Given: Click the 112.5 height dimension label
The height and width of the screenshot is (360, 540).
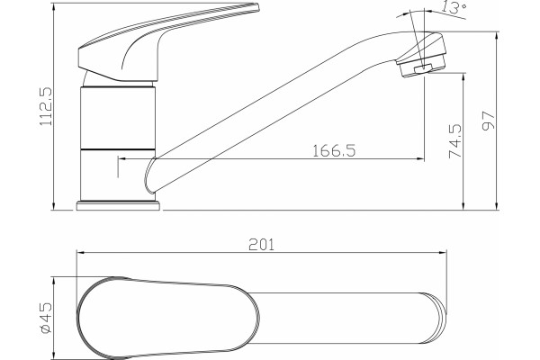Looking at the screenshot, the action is click(x=46, y=106).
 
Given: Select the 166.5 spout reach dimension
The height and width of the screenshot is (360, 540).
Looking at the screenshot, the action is click(x=334, y=150).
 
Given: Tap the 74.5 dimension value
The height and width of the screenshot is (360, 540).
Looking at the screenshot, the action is click(x=454, y=141).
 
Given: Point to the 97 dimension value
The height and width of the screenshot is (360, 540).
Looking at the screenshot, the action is click(x=489, y=121).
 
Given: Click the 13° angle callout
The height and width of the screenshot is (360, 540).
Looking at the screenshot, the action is click(x=454, y=7).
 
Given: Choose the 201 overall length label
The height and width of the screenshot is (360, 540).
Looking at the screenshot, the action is click(x=261, y=245).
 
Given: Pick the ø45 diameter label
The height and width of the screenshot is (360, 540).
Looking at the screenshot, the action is click(x=46, y=318).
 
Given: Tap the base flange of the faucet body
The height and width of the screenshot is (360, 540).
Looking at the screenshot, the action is click(x=118, y=206).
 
